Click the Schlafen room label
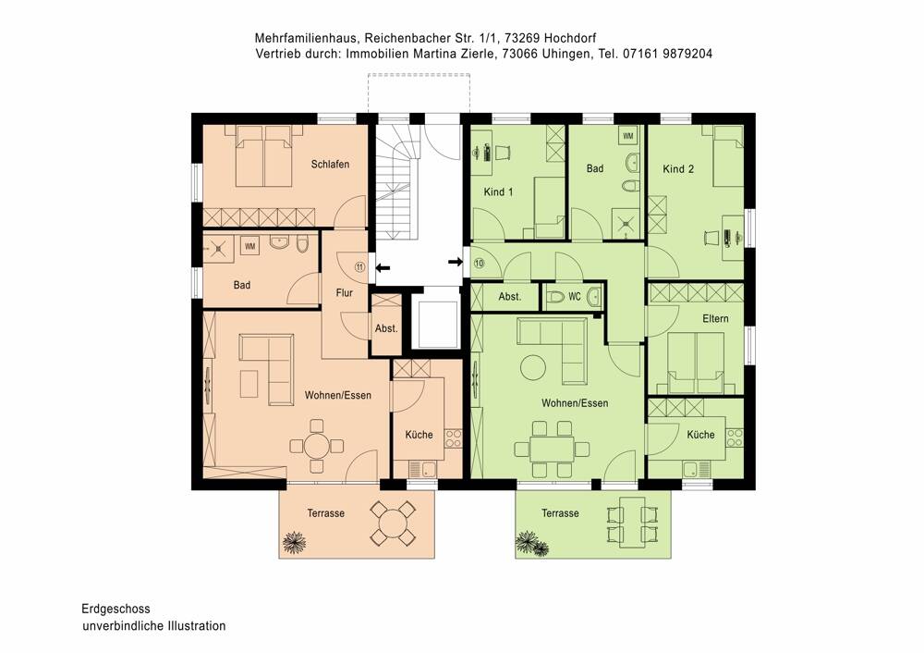(330, 165)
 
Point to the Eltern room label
(715, 319)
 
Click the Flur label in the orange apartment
(346, 293)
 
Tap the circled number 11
(359, 267)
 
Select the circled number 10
(479, 263)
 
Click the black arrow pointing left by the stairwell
(383, 267)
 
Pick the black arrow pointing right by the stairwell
(455, 263)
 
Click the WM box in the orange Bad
(249, 246)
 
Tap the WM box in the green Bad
(628, 137)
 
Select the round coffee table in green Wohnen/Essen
(533, 367)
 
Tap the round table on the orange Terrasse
(394, 524)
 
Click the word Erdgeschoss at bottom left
(115, 610)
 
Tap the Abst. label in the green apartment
(510, 297)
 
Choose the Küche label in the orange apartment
(419, 435)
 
